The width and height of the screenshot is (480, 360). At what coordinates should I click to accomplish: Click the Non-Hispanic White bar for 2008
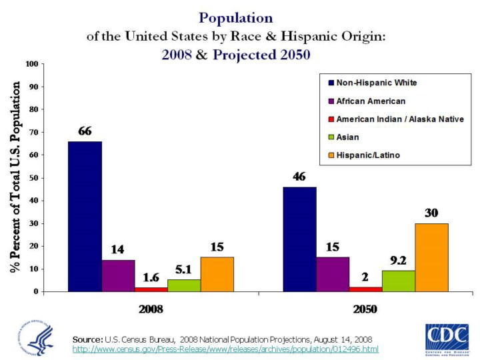pos(85,217)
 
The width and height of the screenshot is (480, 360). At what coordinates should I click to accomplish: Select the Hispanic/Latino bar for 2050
pos(431,257)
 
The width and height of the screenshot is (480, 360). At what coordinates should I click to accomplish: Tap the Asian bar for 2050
pos(399,281)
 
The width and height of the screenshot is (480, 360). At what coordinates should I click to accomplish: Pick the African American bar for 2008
pos(118,275)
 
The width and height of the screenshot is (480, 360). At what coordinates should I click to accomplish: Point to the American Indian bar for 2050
pos(365,289)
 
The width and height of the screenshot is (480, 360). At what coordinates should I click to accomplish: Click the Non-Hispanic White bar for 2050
pos(300,239)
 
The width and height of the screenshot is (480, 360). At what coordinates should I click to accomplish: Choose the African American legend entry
pos(371,101)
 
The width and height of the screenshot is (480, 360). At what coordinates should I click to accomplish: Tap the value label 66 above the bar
pos(85,131)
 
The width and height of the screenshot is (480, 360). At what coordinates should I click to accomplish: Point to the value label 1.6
pos(151,277)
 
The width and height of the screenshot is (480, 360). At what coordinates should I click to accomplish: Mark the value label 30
pos(431,213)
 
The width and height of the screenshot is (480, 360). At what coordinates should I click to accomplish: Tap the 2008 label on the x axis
pos(151,309)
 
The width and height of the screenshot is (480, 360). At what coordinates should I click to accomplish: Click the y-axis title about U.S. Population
pos(15,177)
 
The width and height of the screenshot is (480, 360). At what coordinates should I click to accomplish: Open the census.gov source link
pos(225,349)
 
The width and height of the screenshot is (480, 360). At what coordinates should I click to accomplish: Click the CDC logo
pos(447,337)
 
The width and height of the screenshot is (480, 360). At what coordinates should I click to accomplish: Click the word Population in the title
pos(236,17)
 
